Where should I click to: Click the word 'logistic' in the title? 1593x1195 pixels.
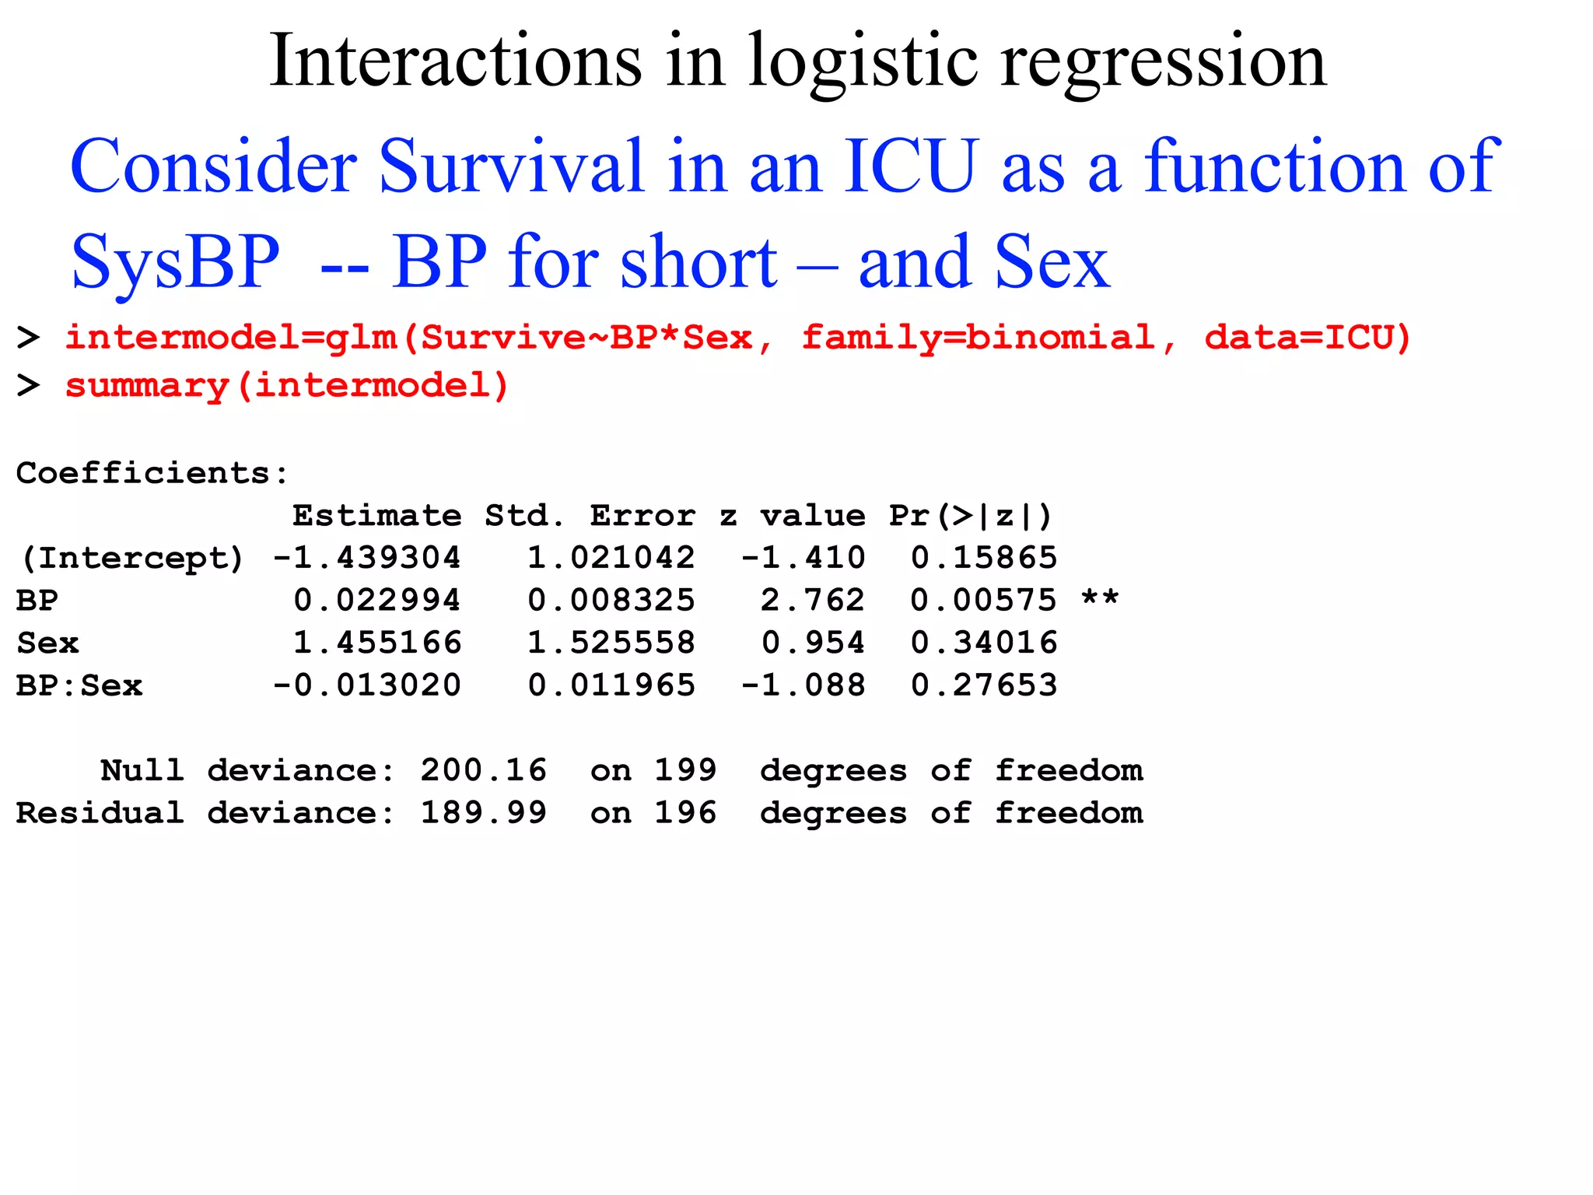862,62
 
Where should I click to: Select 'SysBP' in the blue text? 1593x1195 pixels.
175,263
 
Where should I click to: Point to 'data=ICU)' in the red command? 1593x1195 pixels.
1308,338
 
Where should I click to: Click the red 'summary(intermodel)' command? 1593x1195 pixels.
286,386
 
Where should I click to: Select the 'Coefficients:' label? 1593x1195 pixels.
152,473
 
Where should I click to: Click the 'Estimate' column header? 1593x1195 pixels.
376,516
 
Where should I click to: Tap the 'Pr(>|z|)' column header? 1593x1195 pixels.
971,516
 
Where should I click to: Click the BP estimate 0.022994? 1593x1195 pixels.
377,601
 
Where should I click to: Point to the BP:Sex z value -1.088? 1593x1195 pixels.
803,685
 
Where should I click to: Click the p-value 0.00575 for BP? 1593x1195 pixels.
984,601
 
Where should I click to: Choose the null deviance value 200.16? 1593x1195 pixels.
484,770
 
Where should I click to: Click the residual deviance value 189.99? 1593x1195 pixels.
484,813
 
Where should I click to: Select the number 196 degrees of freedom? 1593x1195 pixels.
685,813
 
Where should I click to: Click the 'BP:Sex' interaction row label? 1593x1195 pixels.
79,685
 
